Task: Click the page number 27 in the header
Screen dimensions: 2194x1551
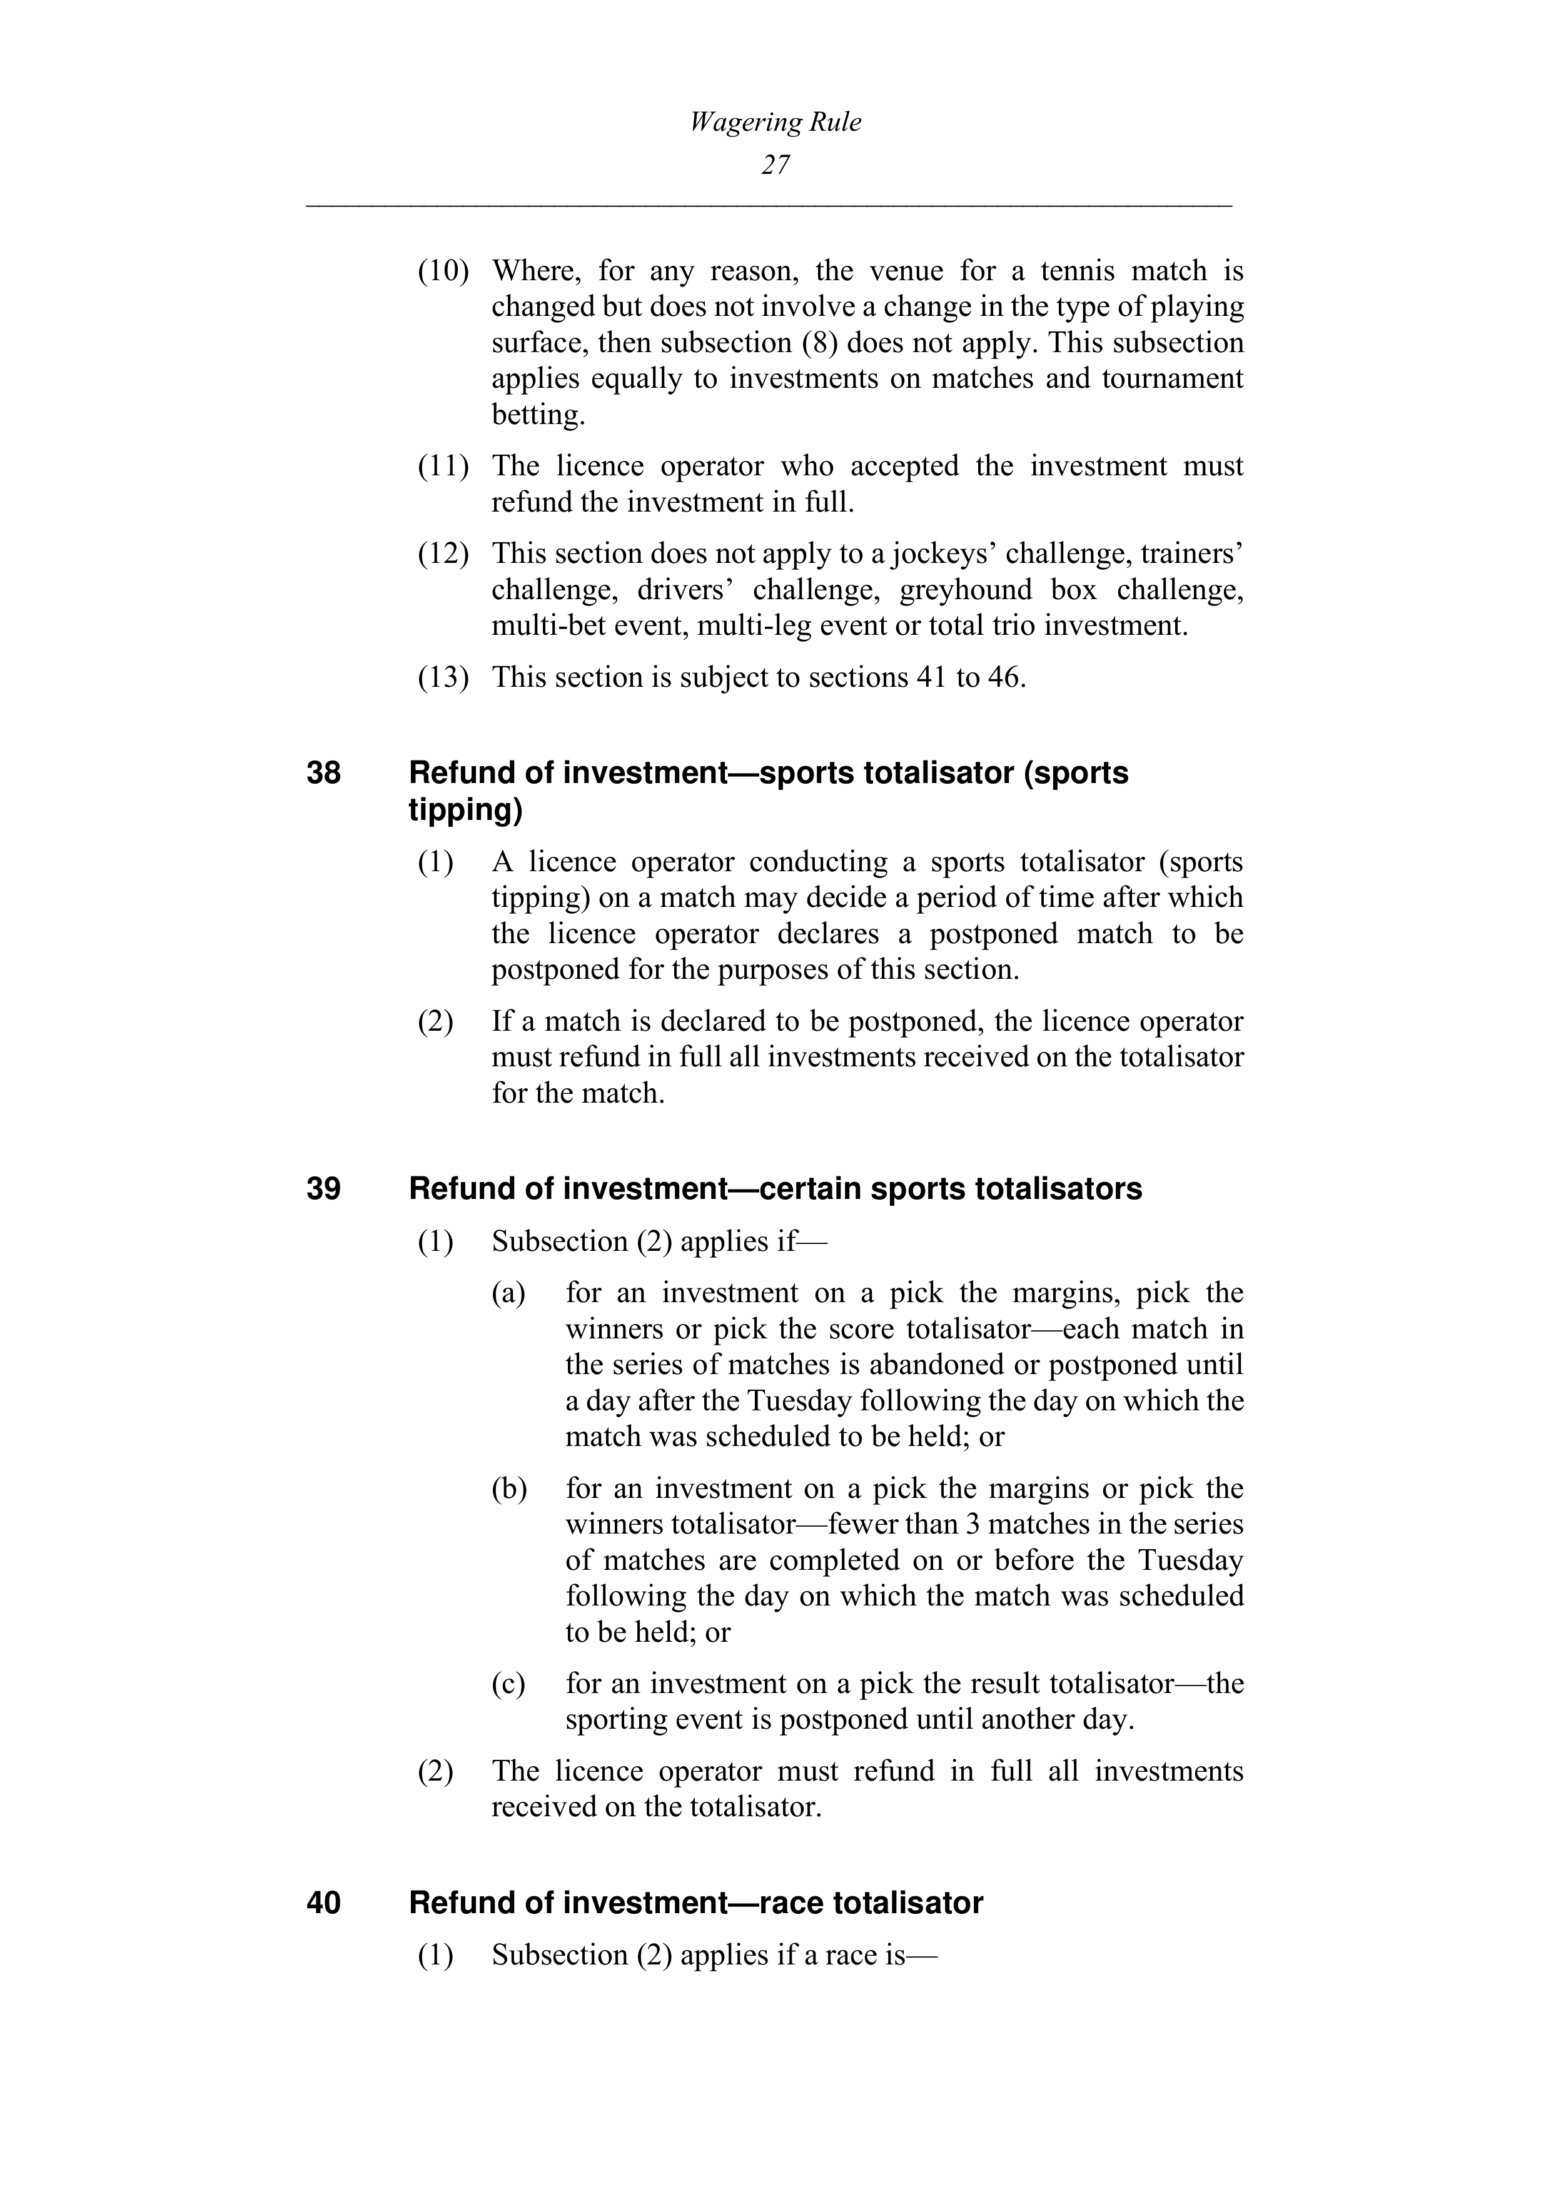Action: click(775, 165)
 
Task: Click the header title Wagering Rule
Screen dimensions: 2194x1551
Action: click(775, 123)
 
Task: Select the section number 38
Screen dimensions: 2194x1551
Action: click(324, 772)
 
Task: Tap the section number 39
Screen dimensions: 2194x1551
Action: click(324, 1189)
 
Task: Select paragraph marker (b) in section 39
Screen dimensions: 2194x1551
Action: click(509, 1489)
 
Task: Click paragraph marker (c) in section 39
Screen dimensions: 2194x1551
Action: click(508, 1684)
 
